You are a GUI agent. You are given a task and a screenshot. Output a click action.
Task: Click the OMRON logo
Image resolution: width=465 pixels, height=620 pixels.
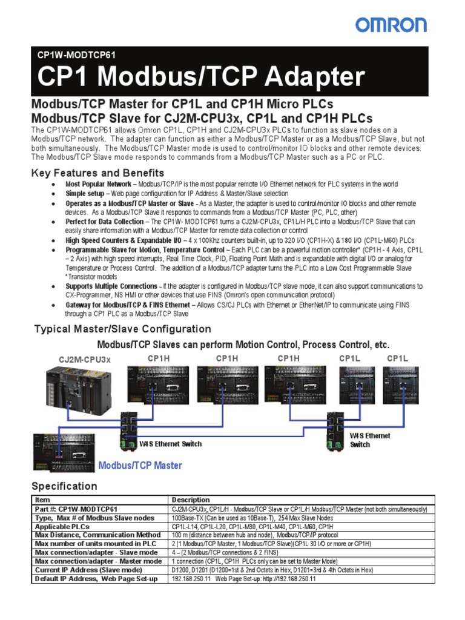coord(391,25)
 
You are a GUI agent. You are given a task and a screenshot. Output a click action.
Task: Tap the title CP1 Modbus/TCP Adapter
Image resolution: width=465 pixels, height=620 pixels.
coord(201,77)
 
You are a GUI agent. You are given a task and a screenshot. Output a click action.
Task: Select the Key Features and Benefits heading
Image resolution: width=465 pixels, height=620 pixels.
coord(97,173)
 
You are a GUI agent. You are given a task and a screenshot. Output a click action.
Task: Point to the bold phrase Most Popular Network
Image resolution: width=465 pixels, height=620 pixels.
coord(98,184)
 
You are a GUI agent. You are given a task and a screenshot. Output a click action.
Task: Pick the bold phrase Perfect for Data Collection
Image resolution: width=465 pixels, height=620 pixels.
coord(105,222)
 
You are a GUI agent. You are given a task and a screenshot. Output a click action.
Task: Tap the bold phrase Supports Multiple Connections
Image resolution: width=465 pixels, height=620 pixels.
coord(111,286)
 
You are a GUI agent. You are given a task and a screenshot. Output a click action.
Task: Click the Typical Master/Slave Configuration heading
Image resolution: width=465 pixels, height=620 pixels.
coord(123,329)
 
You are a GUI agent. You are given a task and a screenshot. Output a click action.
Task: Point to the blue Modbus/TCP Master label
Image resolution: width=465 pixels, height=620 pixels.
coord(140,466)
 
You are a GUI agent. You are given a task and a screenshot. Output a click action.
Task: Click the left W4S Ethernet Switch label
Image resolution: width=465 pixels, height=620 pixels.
coord(171,444)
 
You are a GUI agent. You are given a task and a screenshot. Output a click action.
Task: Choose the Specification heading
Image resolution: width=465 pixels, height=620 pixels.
coord(64,486)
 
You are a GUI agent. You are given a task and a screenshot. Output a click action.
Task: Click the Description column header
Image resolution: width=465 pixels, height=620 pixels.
coord(191,500)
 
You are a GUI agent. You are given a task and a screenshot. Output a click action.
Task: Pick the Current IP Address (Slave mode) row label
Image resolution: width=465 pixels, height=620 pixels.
coord(89,570)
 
